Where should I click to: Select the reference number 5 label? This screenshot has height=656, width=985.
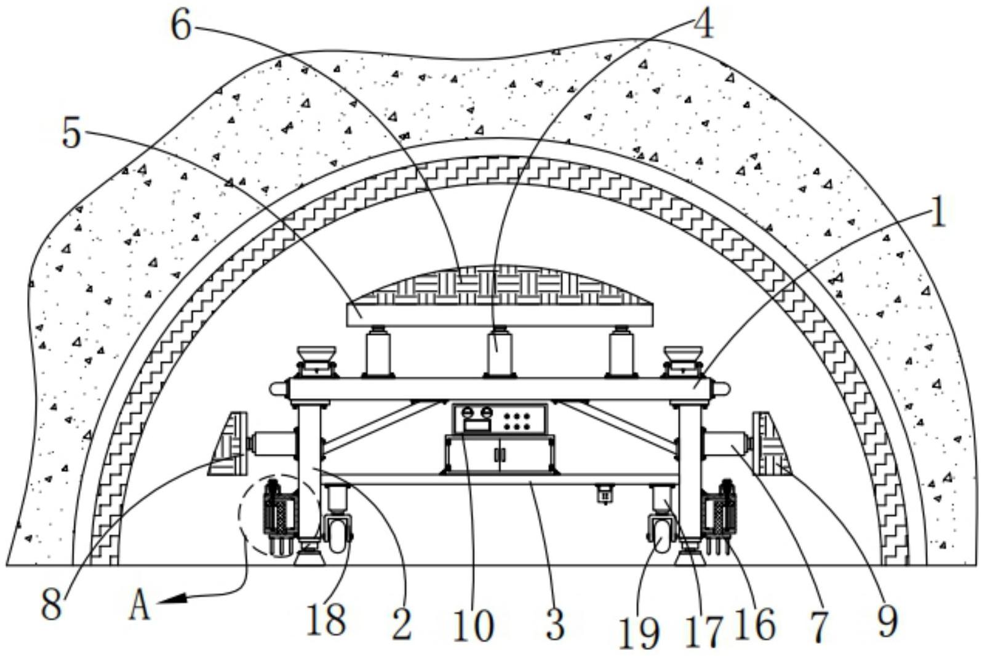(x=71, y=133)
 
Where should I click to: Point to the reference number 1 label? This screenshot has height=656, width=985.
(x=937, y=214)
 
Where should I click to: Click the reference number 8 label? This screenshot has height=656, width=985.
(x=52, y=605)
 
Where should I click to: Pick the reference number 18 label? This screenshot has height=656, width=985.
(x=326, y=620)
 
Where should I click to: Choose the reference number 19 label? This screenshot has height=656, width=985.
(x=640, y=633)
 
